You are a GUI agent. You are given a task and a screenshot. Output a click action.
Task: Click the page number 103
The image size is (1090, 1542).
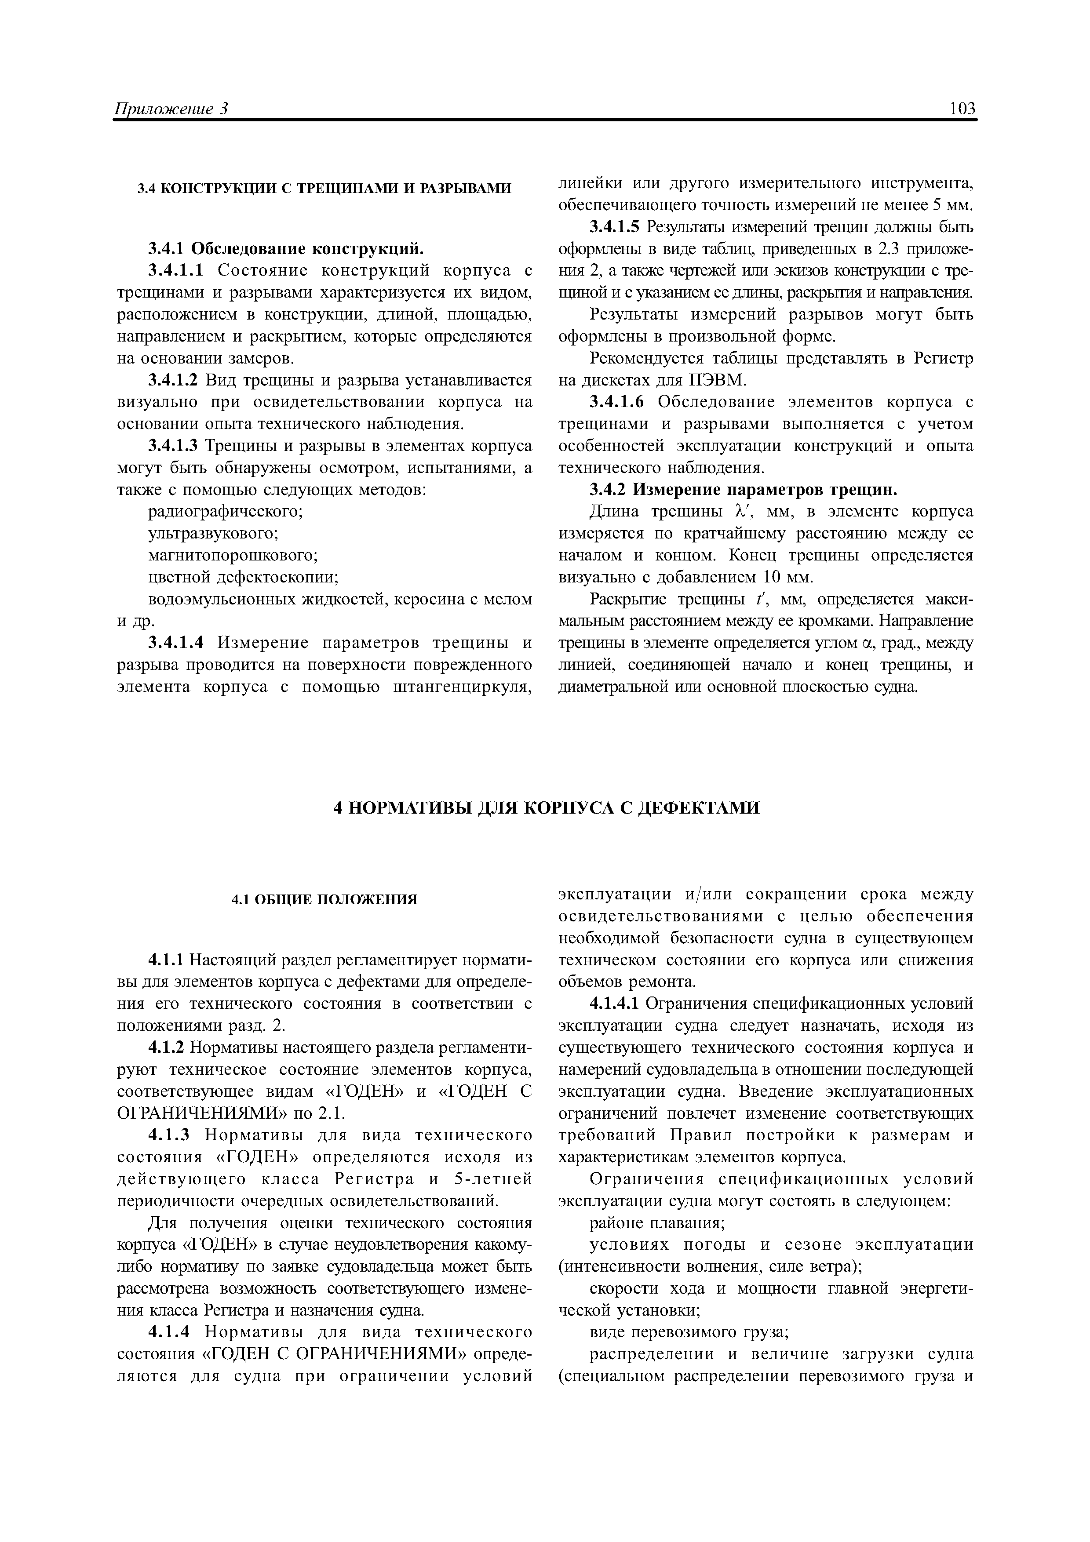pyautogui.click(x=962, y=109)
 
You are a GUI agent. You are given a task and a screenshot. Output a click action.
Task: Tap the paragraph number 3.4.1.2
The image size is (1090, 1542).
pyautogui.click(x=173, y=380)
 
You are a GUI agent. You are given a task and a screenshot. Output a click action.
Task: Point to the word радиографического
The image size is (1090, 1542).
pyautogui.click(x=225, y=512)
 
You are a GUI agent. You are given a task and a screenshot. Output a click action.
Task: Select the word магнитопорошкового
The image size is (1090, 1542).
pyautogui.click(x=232, y=556)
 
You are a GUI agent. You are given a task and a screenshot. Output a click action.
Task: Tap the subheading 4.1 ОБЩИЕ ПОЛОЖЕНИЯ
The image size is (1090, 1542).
pyautogui.click(x=324, y=899)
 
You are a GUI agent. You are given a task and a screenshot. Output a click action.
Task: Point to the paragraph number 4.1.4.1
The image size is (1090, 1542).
pyautogui.click(x=615, y=1004)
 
